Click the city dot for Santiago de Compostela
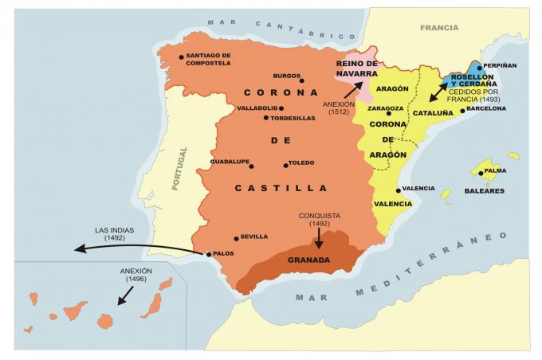[182, 57]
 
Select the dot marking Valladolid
[281, 108]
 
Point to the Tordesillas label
[293, 118]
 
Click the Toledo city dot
[285, 166]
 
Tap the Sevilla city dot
[236, 237]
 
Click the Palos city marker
[208, 255]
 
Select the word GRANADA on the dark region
[308, 260]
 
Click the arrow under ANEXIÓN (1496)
[125, 295]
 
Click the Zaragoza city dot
[389, 113]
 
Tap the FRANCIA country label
[439, 27]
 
